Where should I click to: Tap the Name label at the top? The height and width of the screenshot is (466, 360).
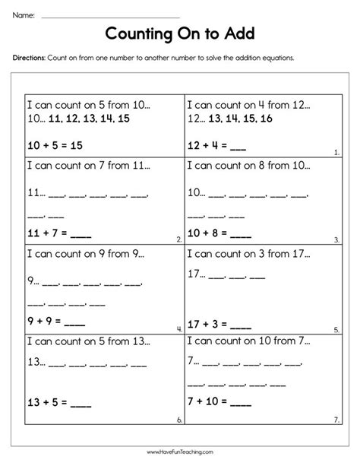click(x=24, y=14)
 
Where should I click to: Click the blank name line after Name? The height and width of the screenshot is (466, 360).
click(x=110, y=16)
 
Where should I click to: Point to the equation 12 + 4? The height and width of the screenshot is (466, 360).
click(x=214, y=143)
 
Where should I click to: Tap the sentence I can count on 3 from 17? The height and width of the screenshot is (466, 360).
click(x=245, y=253)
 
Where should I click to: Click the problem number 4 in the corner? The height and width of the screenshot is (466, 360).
click(x=178, y=329)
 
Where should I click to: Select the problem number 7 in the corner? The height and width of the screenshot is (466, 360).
click(x=336, y=419)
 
